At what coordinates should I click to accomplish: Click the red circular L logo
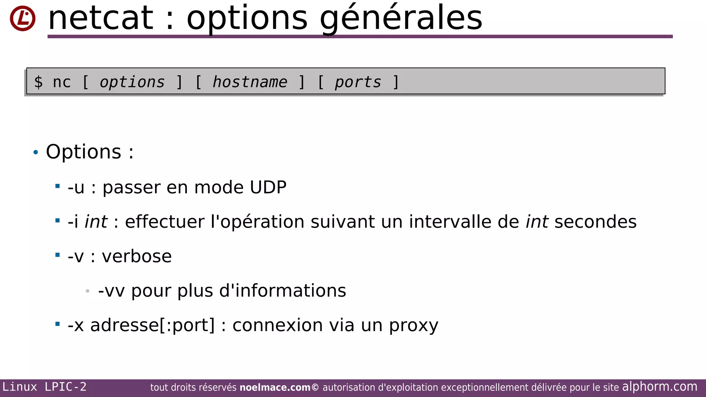[22, 18]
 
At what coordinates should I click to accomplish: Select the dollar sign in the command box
[38, 82]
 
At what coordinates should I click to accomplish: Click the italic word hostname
[250, 82]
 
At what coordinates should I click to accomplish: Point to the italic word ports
[358, 82]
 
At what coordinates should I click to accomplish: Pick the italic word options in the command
[132, 82]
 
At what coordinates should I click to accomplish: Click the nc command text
[62, 82]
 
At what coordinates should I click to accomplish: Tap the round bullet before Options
[36, 152]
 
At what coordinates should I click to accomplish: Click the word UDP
[268, 187]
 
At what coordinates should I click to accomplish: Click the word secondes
[595, 222]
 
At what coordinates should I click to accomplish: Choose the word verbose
[137, 256]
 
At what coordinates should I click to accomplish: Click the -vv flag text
[111, 291]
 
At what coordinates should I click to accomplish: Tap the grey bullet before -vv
[88, 291]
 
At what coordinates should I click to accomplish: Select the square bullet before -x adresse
[58, 324]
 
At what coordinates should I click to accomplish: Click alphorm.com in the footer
[659, 387]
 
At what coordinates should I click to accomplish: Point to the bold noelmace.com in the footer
[275, 387]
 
